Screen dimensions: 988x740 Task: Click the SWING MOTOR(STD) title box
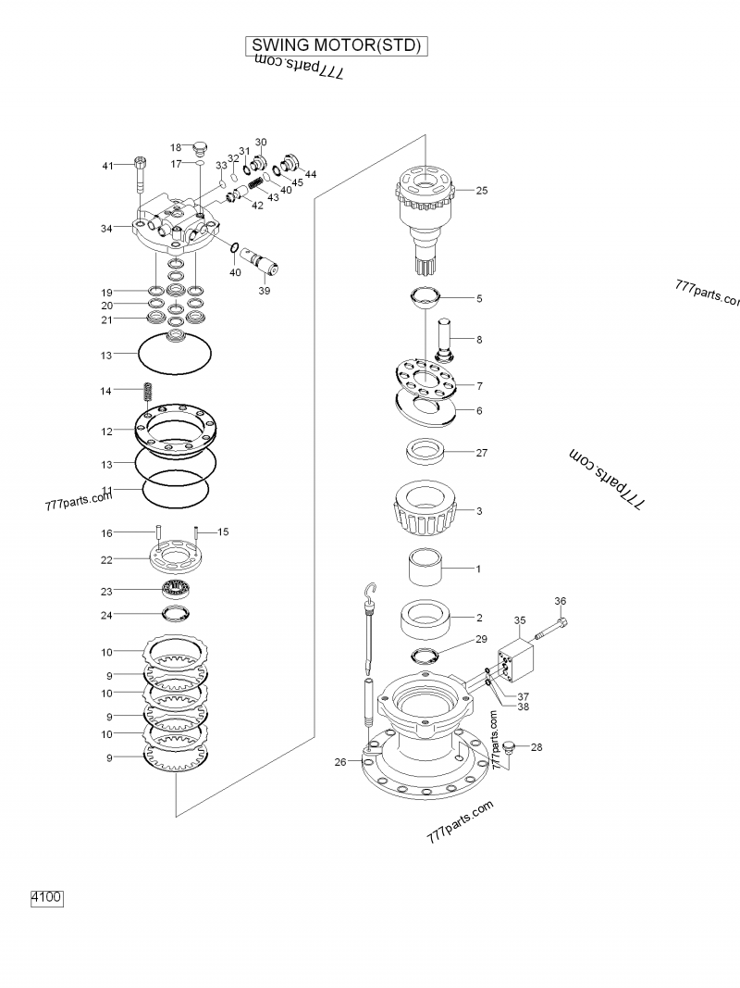coord(338,45)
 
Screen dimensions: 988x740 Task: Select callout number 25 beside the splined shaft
coord(481,191)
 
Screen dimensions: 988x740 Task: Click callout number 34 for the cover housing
coord(107,228)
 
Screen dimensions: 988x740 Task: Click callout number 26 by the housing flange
coord(340,762)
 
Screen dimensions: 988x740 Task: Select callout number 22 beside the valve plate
coord(107,560)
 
